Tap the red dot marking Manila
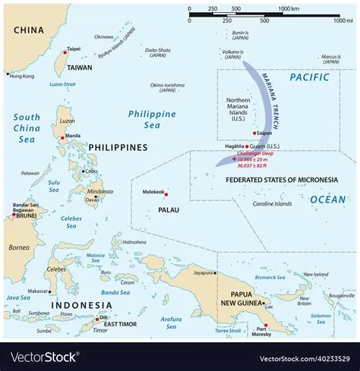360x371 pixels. click(x=62, y=138)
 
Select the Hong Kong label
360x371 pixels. click(x=21, y=76)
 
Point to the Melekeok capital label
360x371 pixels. click(x=155, y=193)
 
